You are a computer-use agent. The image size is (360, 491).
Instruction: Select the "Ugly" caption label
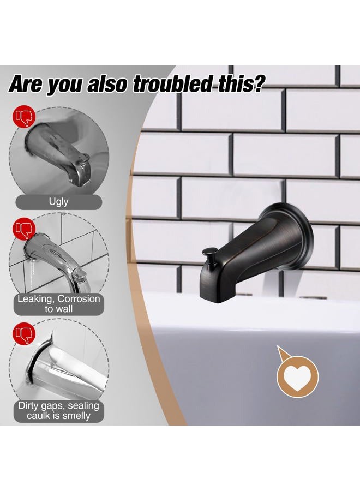pos(58,201)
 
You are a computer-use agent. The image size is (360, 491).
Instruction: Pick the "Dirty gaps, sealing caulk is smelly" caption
pos(58,410)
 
